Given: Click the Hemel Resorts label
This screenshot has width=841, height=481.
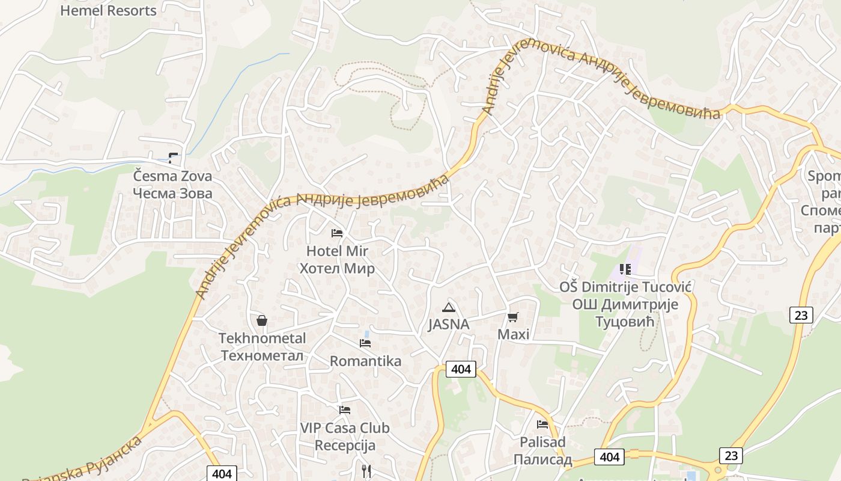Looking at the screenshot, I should point(108,10).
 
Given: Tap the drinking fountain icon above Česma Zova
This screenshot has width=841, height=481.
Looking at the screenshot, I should point(173,158).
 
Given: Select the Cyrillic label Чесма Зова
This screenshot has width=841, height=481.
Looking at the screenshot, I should point(172,194).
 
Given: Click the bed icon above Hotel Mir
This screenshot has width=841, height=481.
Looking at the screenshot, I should point(337,233).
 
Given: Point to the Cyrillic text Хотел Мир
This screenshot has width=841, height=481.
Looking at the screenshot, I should point(337,268).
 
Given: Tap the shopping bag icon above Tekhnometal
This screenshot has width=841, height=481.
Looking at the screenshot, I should point(262,320).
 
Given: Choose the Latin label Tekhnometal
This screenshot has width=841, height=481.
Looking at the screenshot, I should point(263,339).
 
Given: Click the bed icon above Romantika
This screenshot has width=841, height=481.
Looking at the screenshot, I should point(365,343).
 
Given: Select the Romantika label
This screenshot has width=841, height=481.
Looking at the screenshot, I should point(365,361).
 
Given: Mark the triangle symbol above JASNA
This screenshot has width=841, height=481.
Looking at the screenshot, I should point(448,308).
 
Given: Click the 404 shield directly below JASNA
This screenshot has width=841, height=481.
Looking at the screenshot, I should point(461,369).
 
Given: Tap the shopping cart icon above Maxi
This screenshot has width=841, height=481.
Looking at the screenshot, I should point(513,317).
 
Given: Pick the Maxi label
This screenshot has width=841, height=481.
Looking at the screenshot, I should point(514,334).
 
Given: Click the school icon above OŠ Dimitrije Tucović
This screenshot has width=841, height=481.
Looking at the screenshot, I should point(625,269).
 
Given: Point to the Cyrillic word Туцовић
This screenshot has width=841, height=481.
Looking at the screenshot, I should point(625,322).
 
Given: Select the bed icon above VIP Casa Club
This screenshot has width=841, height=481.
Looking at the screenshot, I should point(345,410).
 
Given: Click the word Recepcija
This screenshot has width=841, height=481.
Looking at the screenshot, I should point(345,446).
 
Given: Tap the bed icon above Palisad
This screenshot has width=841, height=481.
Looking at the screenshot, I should point(542,424).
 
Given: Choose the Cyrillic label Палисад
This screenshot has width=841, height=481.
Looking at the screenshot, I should point(542,459).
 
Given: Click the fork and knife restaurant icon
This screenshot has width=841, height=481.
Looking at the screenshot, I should point(366,471).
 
